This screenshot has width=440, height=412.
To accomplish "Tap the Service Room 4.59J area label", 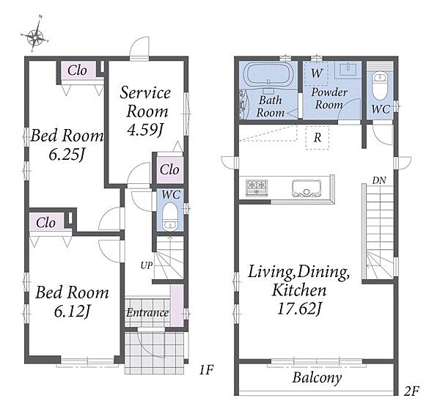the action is pyautogui.click(x=145, y=111).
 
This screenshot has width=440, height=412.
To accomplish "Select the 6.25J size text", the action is pyautogui.click(x=67, y=154).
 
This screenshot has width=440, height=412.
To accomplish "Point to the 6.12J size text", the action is pyautogui.click(x=72, y=311).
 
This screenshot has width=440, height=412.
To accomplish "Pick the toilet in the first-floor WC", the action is pyautogui.click(x=170, y=216).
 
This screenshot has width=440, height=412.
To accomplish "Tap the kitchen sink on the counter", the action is pyautogui.click(x=307, y=188).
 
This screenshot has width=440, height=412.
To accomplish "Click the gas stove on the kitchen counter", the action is pyautogui.click(x=257, y=187).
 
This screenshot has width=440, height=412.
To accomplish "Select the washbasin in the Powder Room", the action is pyautogui.click(x=348, y=69).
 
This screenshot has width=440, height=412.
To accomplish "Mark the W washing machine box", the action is pyautogui.click(x=316, y=73).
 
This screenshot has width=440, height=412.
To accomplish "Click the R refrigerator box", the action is pyautogui.click(x=317, y=138).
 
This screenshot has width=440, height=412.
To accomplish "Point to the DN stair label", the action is pyautogui.click(x=379, y=180).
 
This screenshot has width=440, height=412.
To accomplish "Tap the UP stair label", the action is pyautogui.click(x=147, y=265).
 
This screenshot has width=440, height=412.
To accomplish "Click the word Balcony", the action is pyautogui.click(x=317, y=378).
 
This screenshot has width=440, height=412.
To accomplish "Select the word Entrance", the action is pyautogui.click(x=147, y=313).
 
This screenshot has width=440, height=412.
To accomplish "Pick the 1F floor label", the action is pyautogui.click(x=207, y=370).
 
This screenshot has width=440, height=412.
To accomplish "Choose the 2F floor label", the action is pyautogui.click(x=411, y=391).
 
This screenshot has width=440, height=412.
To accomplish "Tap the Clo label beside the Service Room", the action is pyautogui.click(x=169, y=169).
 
